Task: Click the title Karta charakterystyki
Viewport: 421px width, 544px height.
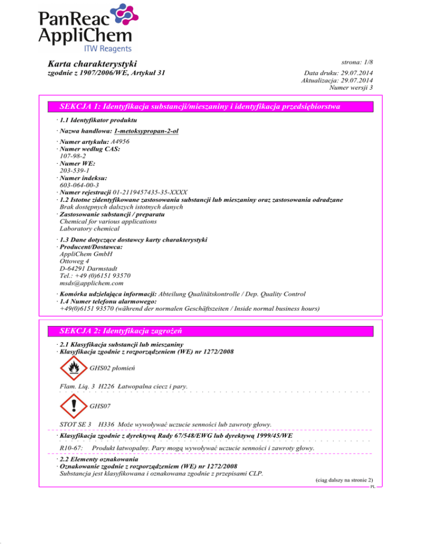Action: [92, 65]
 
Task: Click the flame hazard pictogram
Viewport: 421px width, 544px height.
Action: [72, 368]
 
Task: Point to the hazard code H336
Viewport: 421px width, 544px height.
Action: [105, 425]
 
